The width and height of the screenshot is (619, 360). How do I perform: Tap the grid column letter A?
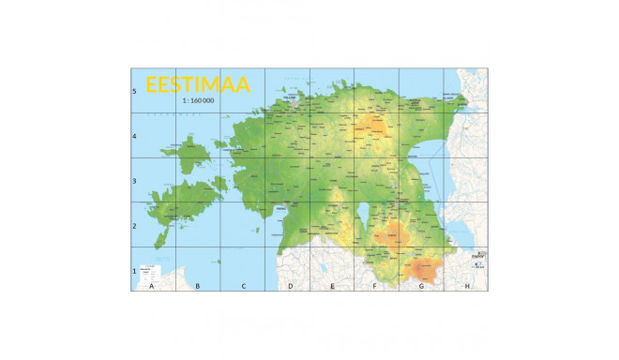click(x=152, y=285)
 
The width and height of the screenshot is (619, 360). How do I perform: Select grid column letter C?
click(x=244, y=285)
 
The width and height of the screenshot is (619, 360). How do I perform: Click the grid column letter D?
click(x=290, y=285)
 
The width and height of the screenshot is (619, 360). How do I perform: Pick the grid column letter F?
click(x=375, y=285)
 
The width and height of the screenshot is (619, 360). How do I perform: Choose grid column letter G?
click(x=421, y=285)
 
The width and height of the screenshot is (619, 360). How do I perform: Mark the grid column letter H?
click(x=467, y=285)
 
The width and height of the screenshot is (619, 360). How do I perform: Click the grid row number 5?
click(x=135, y=91)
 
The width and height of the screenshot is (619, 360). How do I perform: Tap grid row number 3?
click(x=135, y=181)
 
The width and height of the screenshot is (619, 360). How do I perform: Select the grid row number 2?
click(x=135, y=226)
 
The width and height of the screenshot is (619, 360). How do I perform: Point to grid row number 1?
click(x=135, y=271)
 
